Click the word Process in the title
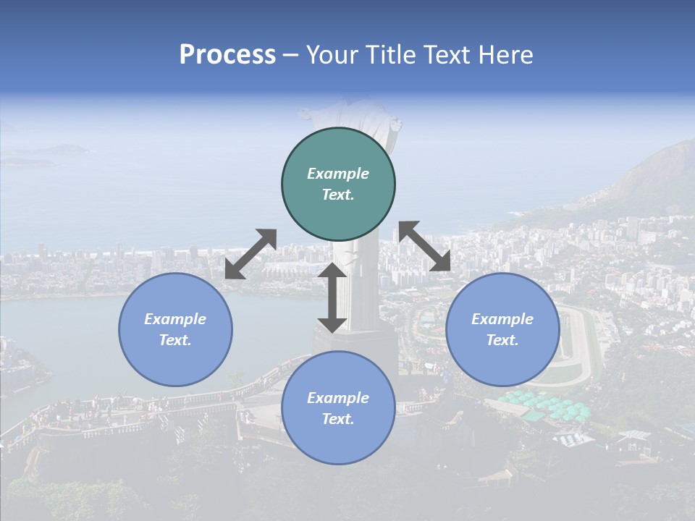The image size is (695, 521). click(x=227, y=55)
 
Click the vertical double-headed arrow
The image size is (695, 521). click(x=332, y=297)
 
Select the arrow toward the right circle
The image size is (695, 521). click(x=425, y=247)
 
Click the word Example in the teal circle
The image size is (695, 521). click(x=338, y=174)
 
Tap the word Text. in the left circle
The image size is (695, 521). click(x=175, y=340)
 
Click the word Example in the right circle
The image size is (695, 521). click(x=502, y=319)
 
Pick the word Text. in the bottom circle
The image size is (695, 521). click(x=338, y=419)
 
